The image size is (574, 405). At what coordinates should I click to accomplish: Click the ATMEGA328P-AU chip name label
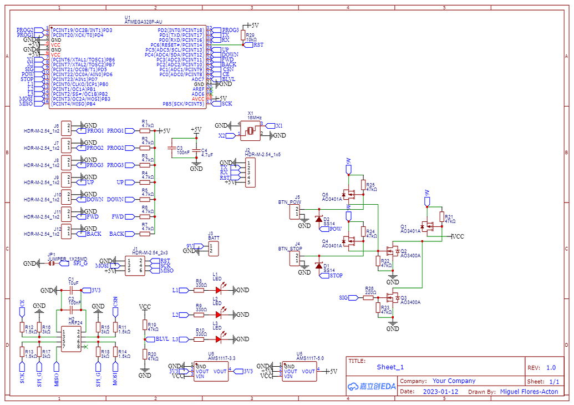click(x=143, y=22)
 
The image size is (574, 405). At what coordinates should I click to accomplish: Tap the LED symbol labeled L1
click(x=218, y=290)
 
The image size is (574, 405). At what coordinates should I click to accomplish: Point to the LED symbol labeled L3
click(x=218, y=339)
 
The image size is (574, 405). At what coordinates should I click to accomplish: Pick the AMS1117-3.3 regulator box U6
click(x=210, y=372)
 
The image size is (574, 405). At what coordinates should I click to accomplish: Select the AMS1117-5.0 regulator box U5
click(x=299, y=372)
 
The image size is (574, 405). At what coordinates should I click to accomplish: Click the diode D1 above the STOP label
click(x=319, y=266)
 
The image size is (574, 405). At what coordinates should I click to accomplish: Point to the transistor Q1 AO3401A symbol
click(x=428, y=226)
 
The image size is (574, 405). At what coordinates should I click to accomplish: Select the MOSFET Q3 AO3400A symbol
click(x=394, y=297)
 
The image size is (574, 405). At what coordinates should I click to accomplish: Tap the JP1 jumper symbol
click(x=51, y=264)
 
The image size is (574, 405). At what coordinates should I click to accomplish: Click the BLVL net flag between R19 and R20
click(x=161, y=339)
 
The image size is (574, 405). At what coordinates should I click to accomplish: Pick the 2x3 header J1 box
click(x=135, y=265)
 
